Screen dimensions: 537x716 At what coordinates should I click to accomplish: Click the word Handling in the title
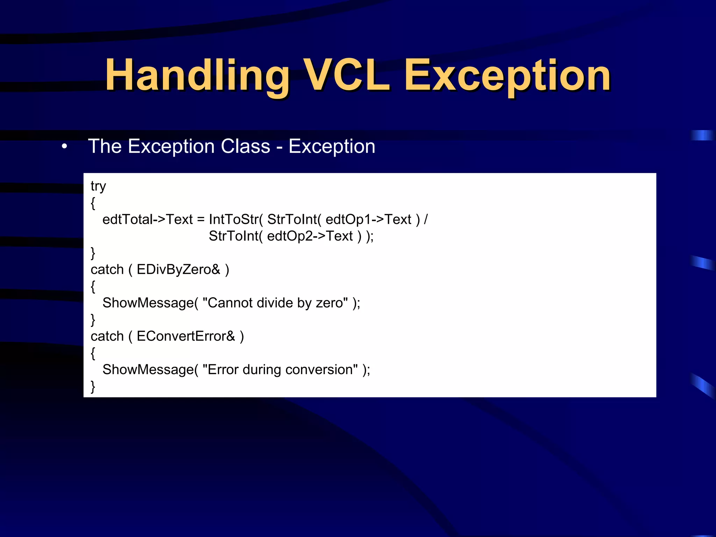[198, 75]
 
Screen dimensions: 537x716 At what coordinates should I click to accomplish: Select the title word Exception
[507, 75]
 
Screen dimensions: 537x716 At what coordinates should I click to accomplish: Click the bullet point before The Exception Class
[64, 146]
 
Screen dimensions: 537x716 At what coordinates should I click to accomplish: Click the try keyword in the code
[98, 186]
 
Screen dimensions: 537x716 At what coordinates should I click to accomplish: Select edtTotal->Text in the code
[147, 220]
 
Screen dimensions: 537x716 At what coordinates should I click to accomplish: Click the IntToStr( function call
[236, 220]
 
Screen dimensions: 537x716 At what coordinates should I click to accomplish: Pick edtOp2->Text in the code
[310, 236]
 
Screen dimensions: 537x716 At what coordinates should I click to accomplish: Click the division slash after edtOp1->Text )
[425, 220]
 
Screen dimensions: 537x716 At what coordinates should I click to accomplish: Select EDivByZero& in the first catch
[178, 270]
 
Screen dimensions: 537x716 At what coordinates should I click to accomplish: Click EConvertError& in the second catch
[186, 336]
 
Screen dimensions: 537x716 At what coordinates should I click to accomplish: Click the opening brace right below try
[93, 203]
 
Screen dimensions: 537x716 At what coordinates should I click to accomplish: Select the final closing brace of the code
[93, 387]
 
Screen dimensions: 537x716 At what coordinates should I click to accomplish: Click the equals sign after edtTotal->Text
[201, 220]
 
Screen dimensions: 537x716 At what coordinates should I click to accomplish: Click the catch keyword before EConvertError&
[107, 336]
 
